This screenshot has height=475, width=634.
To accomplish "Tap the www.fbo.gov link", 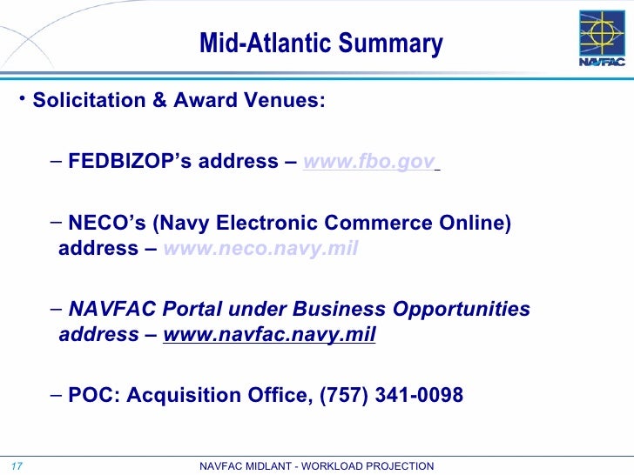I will click(x=368, y=162).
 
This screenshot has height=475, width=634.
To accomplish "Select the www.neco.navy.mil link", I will click(x=260, y=250).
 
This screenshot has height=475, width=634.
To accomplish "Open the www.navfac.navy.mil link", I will click(x=269, y=336).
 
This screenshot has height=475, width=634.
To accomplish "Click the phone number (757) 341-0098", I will click(x=393, y=396).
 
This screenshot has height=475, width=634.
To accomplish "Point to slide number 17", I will click(x=15, y=466).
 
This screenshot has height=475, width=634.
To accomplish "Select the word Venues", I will click(x=288, y=100).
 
